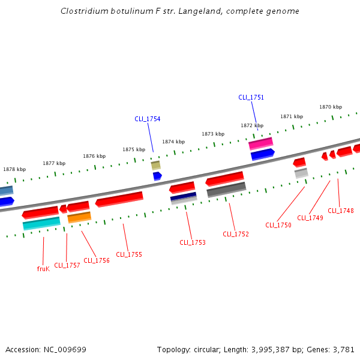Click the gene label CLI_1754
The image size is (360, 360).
tap(147, 119)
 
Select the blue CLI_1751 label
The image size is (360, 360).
tap(251, 97)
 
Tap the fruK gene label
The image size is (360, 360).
tap(43, 269)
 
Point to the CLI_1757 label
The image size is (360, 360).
tap(67, 265)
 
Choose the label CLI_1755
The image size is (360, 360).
tap(129, 254)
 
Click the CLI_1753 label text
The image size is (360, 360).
tap(193, 242)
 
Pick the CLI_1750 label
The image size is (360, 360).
tap(278, 225)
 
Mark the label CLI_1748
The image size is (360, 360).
tap(341, 211)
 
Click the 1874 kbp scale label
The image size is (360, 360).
tap(173, 142)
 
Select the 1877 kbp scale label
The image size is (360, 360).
tap(54, 163)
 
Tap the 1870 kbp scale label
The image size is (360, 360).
tap(331, 107)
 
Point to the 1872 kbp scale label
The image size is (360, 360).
tap(252, 126)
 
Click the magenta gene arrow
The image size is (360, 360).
tap(261, 143)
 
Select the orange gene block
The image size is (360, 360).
tap(79, 217)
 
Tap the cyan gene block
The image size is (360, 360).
tap(41, 223)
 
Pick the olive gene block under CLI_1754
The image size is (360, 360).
tap(155, 165)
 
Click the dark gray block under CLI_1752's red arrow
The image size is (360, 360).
tap(226, 190)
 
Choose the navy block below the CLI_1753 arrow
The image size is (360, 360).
tap(183, 197)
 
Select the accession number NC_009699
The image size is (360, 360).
tap(66, 349)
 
